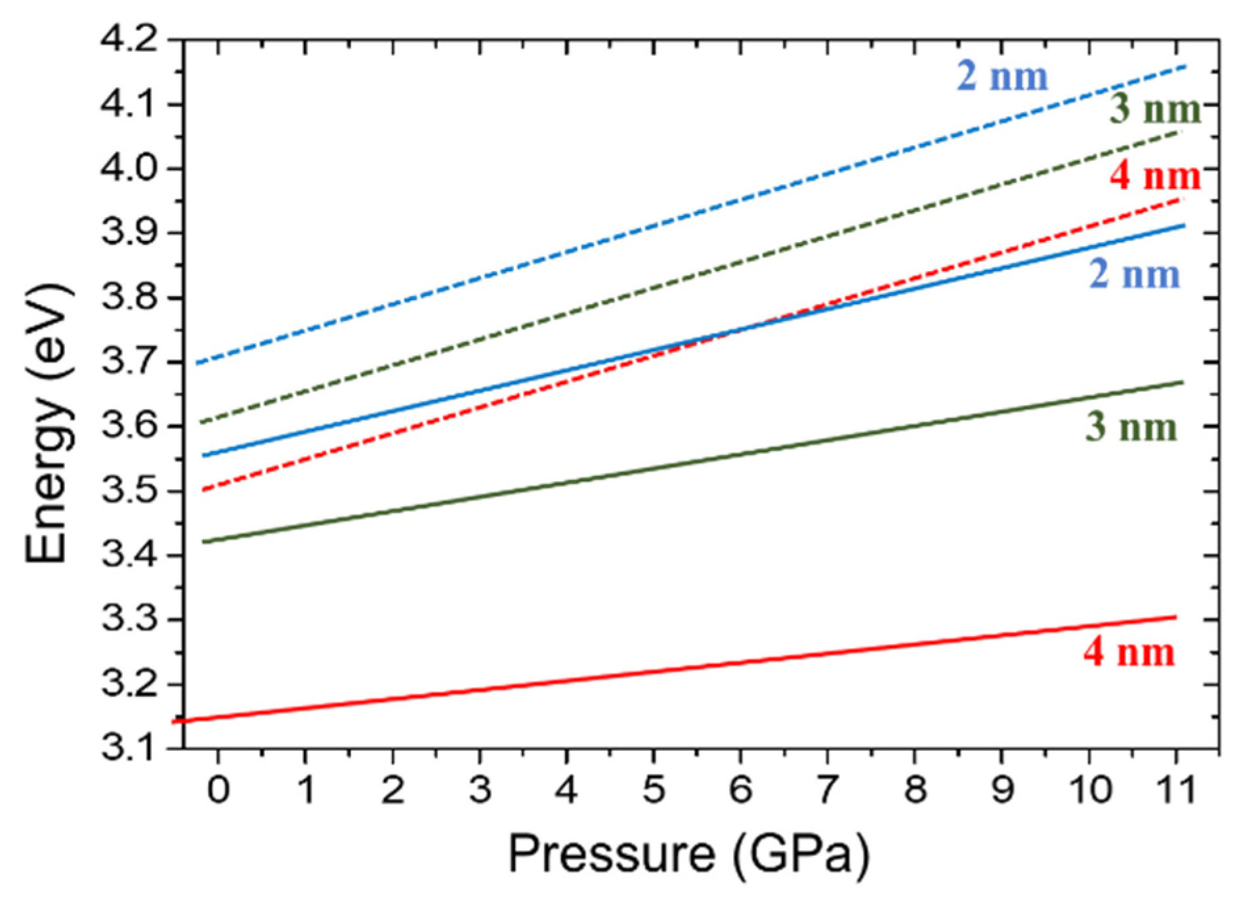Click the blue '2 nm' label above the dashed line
pyautogui.click(x=1002, y=76)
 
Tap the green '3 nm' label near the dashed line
pyautogui.click(x=1155, y=109)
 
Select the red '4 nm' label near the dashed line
pyautogui.click(x=1155, y=176)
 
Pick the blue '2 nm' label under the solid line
pyautogui.click(x=1135, y=274)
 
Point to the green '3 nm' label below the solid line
pyautogui.click(x=1131, y=427)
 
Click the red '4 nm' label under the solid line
pyautogui.click(x=1129, y=653)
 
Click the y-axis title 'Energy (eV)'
pyautogui.click(x=47, y=423)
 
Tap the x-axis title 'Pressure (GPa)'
pyautogui.click(x=688, y=854)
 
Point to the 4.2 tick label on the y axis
pyautogui.click(x=130, y=41)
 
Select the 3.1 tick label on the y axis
pyautogui.click(x=130, y=748)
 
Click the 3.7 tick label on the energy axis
pyautogui.click(x=130, y=362)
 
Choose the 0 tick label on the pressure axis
pyautogui.click(x=219, y=789)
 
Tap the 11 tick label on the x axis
pyautogui.click(x=1175, y=789)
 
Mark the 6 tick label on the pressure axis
pyautogui.click(x=740, y=789)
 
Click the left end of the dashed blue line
pyautogui.click(x=197, y=363)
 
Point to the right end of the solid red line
pyautogui.click(x=1175, y=616)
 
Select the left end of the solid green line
pyautogui.click(x=203, y=542)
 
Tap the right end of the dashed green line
pyautogui.click(x=1179, y=132)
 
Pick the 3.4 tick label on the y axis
pyautogui.click(x=130, y=555)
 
